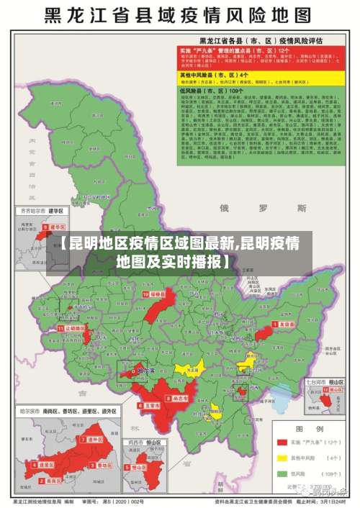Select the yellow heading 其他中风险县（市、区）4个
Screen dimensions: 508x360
pos(216,75)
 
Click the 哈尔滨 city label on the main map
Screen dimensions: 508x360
pos(146,371)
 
